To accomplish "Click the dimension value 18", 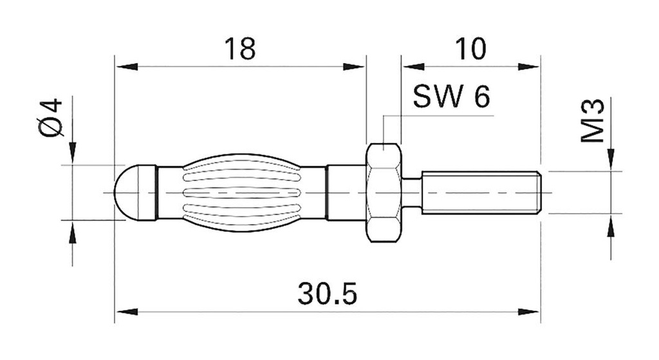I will (240, 49).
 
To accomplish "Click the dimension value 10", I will (470, 49).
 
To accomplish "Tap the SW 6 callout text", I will (451, 97).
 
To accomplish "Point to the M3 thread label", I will (593, 120).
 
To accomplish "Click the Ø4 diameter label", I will (51, 118).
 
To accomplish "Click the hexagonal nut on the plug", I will (384, 193).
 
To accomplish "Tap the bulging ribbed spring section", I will (241, 193).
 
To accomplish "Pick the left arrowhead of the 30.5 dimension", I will (126, 312).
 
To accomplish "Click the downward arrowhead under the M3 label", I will (611, 160).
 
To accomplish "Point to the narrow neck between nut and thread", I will (413, 193).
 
